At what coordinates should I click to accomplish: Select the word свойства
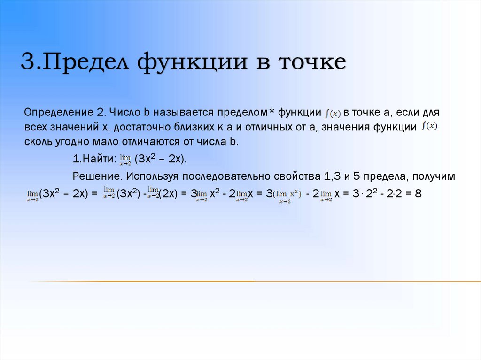(x=299, y=176)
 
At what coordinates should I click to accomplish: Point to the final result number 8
(x=419, y=193)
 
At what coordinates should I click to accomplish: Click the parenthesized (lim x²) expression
(x=287, y=194)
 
